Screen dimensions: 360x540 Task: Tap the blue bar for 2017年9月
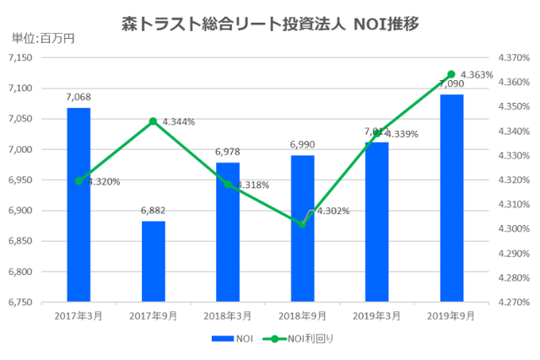click(153, 261)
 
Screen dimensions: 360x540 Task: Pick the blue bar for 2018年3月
click(228, 232)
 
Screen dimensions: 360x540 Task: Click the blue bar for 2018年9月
click(302, 228)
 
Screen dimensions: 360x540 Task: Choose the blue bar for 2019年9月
click(451, 198)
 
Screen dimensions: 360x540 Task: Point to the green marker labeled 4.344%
click(153, 121)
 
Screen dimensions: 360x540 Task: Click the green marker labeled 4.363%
click(451, 74)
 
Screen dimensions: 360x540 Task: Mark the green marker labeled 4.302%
click(302, 224)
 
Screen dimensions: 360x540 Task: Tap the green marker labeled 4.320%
click(78, 180)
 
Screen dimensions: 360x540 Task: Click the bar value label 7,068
click(78, 98)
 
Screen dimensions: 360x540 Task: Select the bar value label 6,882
click(153, 211)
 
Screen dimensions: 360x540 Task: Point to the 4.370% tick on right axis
click(514, 57)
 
